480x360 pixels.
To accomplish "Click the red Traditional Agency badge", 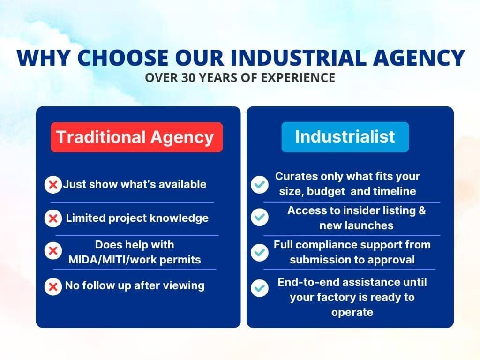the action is [x=136, y=137].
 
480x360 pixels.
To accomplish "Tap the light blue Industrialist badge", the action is [x=345, y=137].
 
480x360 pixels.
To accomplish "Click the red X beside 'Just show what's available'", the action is [x=53, y=185].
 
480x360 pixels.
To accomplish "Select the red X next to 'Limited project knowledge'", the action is [x=53, y=218].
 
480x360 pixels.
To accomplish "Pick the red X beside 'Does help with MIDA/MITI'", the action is [x=53, y=251].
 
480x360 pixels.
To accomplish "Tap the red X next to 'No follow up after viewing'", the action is [x=53, y=286].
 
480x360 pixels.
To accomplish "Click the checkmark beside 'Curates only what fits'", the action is [x=260, y=185].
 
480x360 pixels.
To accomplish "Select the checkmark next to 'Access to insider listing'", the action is [x=260, y=217].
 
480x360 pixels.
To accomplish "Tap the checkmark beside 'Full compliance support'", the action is [x=260, y=253].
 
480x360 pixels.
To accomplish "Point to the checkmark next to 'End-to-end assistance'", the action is [x=260, y=288].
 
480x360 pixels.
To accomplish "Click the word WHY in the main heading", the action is [x=44, y=57].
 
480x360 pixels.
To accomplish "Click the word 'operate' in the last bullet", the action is [x=352, y=313].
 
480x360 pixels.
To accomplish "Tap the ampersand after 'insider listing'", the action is [x=422, y=210].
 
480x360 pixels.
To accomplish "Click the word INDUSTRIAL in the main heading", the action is [x=298, y=57].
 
